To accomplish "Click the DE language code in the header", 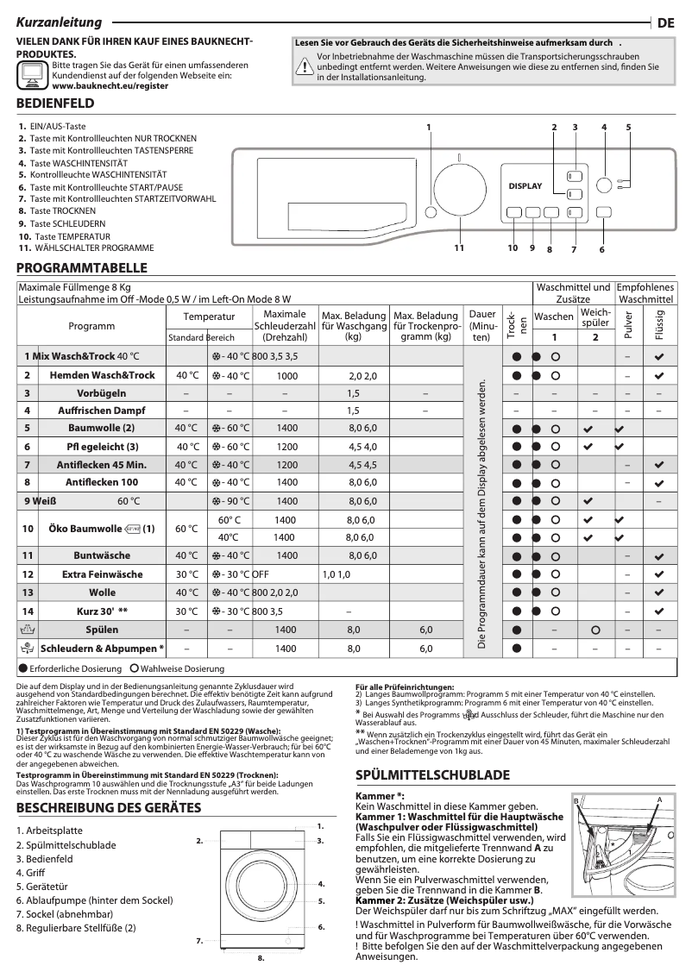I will pyautogui.click(x=665, y=24).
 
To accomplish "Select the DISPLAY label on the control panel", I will pyautogui.click(x=525, y=186).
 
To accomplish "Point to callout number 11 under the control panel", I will pyautogui.click(x=458, y=248).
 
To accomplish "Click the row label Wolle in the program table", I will pyautogui.click(x=102, y=592).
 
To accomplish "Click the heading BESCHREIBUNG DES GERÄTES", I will pyautogui.click(x=109, y=807).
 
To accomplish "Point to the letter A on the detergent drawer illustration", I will pyautogui.click(x=659, y=800).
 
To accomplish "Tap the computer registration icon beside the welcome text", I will pyautogui.click(x=33, y=76).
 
